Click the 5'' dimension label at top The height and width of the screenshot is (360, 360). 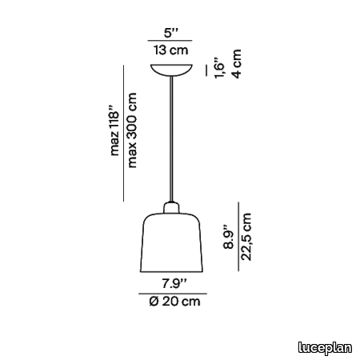tap(171, 33)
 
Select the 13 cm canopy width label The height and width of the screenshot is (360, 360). tap(171, 50)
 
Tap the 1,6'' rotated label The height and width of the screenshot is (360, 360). tap(220, 67)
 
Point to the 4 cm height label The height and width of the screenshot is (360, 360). tap(238, 63)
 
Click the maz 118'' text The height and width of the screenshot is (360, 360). tap(114, 130)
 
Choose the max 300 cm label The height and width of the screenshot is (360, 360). tap(132, 130)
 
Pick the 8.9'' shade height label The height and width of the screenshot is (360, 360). tap(229, 237)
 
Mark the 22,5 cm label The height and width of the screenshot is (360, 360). tap(246, 237)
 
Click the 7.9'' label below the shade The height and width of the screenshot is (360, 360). tap(174, 283)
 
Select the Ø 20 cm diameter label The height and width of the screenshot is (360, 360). tap(174, 302)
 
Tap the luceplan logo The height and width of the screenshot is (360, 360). tap(325, 348)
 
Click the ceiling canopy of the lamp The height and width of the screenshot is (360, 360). tap(171, 70)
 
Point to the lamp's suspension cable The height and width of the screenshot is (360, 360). tap(171, 139)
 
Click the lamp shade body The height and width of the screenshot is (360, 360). tap(171, 242)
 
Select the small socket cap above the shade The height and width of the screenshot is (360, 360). tap(171, 208)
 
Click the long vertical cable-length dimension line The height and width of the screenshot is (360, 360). tap(123, 133)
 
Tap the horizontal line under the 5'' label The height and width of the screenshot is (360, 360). tap(170, 41)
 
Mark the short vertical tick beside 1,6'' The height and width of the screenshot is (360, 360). tap(206, 70)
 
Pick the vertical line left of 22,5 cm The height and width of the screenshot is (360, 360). tap(238, 237)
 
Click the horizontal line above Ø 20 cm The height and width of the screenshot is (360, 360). tap(173, 294)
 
